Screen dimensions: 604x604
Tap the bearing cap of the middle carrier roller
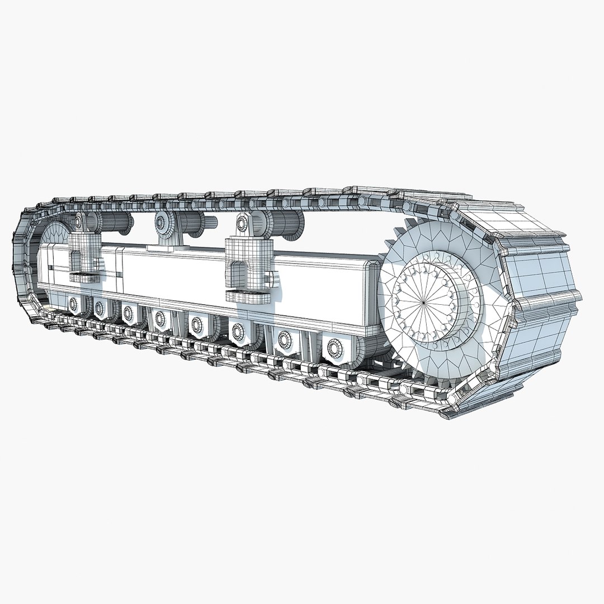point(162,222)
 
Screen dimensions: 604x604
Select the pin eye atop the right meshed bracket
point(242,223)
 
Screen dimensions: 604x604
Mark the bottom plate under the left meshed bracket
point(84,277)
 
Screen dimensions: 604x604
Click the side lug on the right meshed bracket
point(271,277)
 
